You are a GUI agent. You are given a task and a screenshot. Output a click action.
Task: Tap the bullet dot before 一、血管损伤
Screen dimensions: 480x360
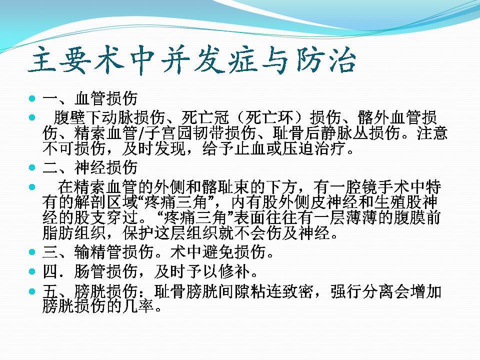[32, 98]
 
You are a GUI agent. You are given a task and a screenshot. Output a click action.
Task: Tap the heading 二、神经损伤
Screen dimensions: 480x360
[90, 167]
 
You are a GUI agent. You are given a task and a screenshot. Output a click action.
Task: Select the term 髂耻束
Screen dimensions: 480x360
[226, 186]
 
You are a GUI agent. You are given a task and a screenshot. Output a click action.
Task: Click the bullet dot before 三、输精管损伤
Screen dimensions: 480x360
[32, 252]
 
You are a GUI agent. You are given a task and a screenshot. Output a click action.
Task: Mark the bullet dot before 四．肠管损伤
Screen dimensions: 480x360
[32, 271]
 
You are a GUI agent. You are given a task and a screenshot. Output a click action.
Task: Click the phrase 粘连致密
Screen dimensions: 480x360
[282, 291]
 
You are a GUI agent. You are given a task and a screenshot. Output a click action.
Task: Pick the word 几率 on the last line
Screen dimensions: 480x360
[138, 306]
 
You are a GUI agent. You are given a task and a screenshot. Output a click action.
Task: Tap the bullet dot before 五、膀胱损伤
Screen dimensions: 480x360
[32, 291]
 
